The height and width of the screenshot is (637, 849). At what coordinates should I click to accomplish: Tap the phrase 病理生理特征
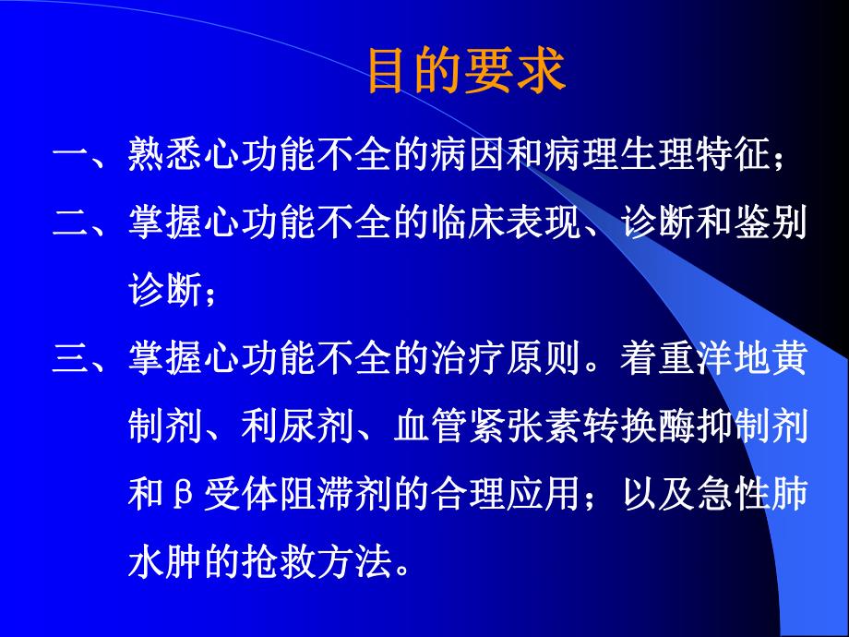[x=676, y=158]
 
